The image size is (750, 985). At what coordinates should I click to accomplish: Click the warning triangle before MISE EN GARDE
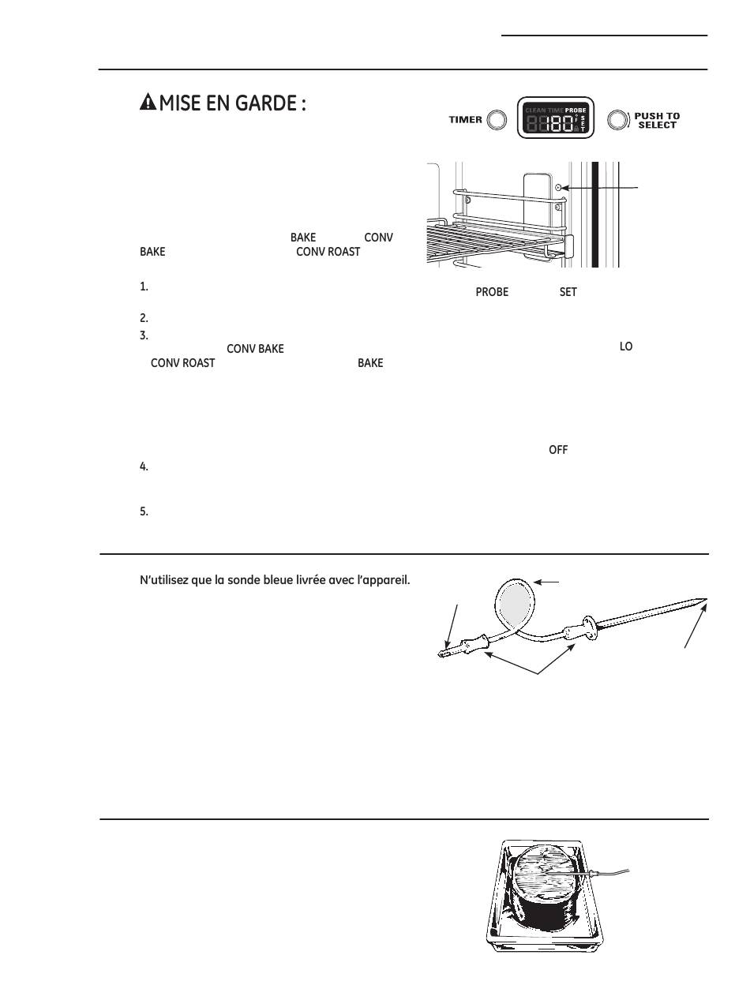[x=147, y=103]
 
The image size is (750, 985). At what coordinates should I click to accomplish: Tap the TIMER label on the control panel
[x=466, y=120]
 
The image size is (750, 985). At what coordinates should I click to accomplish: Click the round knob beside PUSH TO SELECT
[x=618, y=120]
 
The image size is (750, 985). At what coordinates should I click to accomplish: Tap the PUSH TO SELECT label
[x=657, y=121]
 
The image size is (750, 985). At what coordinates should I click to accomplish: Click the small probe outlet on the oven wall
[x=559, y=188]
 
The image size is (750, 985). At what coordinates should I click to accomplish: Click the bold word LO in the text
[x=626, y=347]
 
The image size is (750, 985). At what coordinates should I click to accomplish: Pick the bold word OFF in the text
[x=558, y=450]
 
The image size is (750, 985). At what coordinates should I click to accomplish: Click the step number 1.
[x=144, y=287]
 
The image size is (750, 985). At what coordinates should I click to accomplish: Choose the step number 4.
[x=144, y=467]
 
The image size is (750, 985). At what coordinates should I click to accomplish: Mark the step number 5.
[x=144, y=511]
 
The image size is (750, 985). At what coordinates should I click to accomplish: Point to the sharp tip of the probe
[x=705, y=600]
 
